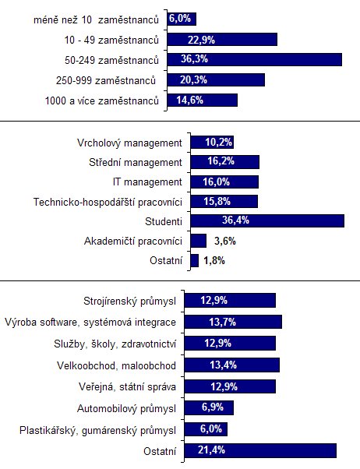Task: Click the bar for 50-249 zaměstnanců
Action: click(254, 59)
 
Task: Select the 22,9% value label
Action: click(201, 40)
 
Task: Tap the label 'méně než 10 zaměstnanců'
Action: click(96, 20)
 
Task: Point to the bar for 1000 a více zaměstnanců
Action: click(203, 100)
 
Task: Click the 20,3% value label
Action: click(193, 79)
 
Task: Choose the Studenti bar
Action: click(267, 220)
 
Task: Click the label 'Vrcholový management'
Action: click(129, 143)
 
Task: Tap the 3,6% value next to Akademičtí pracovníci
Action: click(224, 241)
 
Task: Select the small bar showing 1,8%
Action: click(195, 260)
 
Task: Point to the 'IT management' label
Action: click(147, 182)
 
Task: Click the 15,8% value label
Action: click(217, 201)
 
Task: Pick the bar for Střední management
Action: click(224, 162)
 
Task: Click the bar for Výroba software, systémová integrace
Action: click(233, 322)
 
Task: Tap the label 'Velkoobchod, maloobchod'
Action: click(116, 365)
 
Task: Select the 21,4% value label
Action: click(211, 450)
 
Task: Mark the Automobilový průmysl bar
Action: click(209, 407)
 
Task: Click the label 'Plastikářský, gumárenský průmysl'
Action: click(97, 430)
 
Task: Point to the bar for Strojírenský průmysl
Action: click(230, 300)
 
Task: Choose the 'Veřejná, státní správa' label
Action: click(127, 387)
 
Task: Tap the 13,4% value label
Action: click(223, 365)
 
